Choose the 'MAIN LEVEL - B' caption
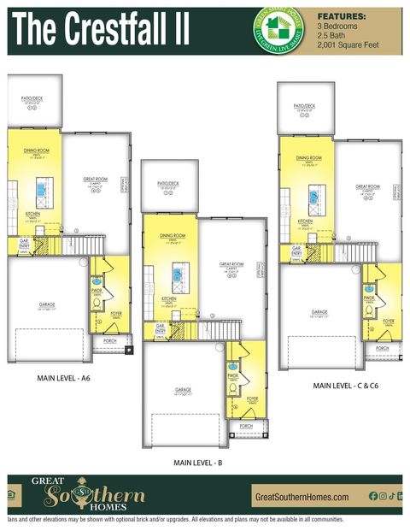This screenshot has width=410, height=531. (198, 462)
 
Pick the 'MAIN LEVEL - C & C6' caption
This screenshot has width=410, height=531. (346, 386)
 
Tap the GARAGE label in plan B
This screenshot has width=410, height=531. (183, 389)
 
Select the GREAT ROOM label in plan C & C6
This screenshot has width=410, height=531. (367, 187)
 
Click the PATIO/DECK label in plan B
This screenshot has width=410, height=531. (167, 184)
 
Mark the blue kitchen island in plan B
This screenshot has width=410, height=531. (178, 274)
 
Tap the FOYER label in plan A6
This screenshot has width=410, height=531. (115, 315)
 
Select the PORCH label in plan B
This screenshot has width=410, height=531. (246, 425)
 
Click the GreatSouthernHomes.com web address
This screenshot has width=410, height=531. (302, 497)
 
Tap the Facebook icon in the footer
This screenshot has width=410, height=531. (372, 496)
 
